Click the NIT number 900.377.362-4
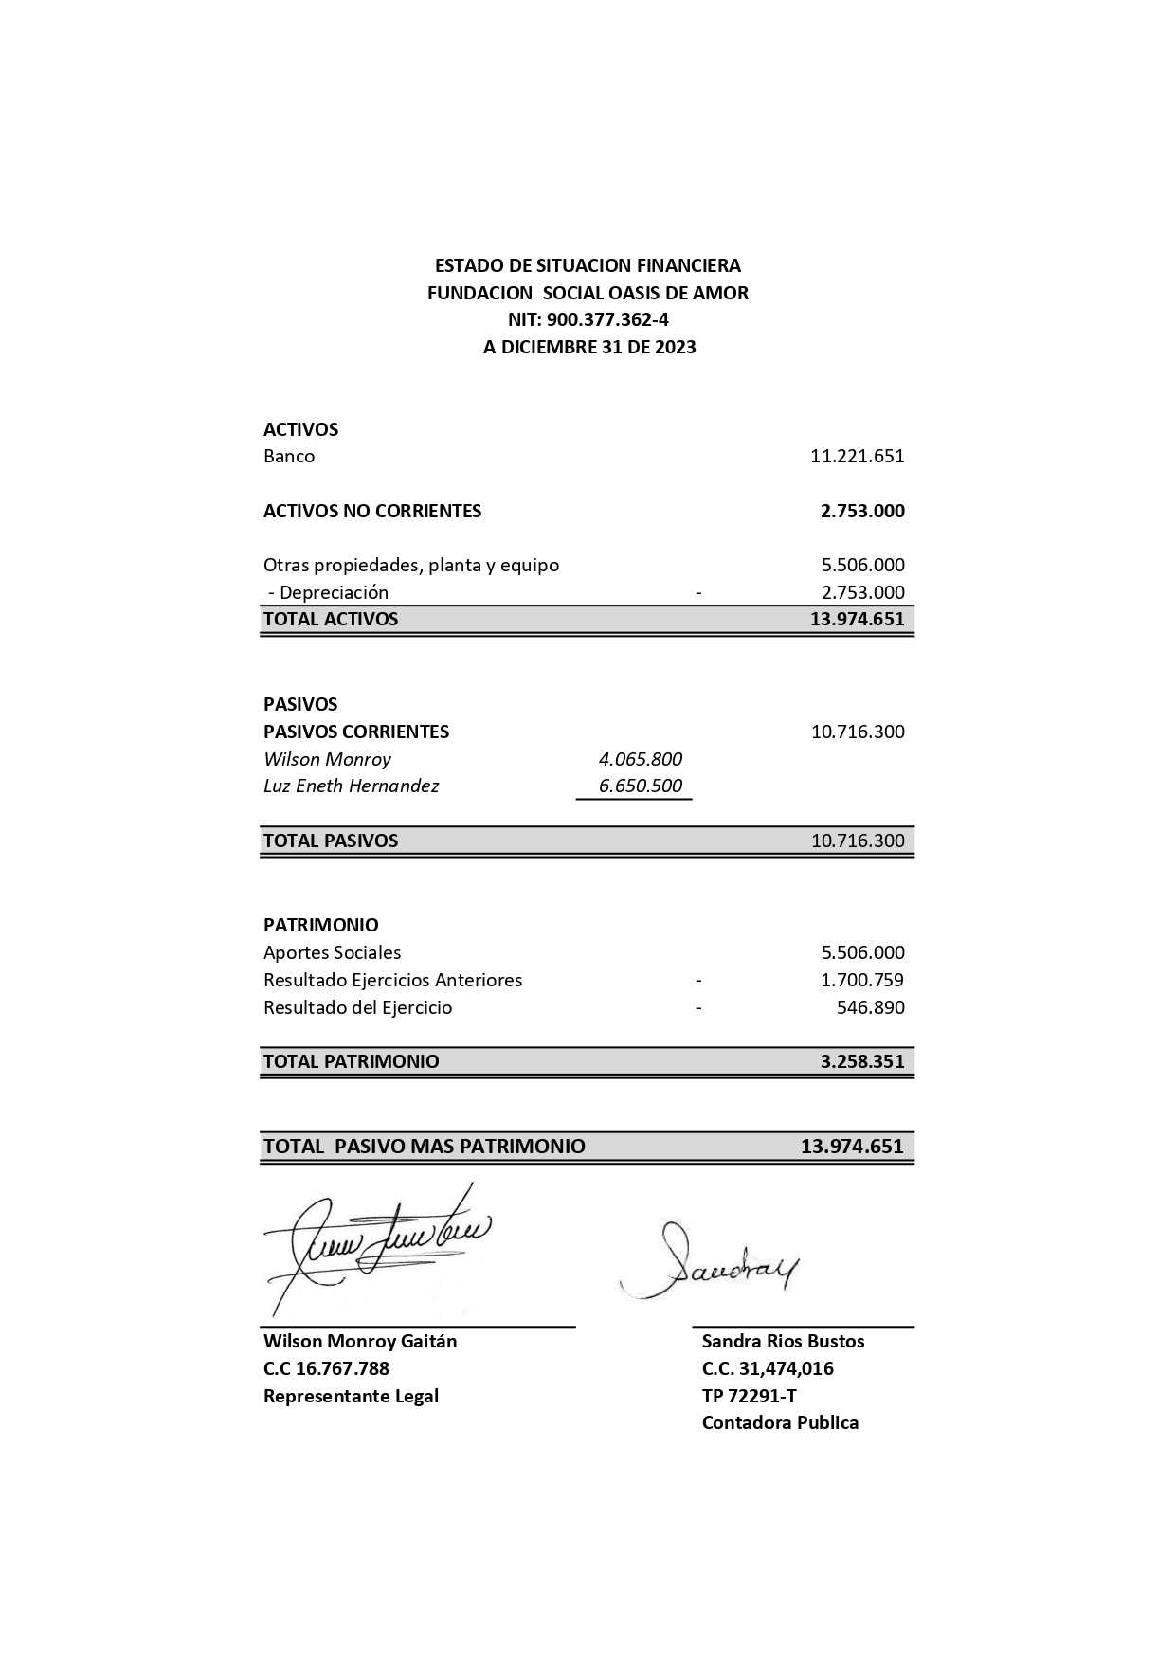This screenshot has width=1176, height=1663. tap(588, 320)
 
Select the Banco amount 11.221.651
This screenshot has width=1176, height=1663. tap(857, 456)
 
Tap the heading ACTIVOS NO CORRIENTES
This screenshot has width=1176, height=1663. tap(372, 511)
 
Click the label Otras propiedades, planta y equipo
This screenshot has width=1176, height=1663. tap(411, 565)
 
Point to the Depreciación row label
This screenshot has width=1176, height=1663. tap(328, 592)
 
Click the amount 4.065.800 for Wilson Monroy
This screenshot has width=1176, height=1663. tap(640, 759)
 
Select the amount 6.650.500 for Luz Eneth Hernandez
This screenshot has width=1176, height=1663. tap(640, 786)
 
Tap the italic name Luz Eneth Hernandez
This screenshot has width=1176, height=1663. tap(351, 786)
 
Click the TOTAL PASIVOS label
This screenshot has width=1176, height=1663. tap(331, 841)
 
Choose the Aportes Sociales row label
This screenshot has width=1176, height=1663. tap(332, 952)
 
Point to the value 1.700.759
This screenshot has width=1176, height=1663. tap(861, 980)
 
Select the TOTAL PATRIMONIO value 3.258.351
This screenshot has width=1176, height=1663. tap(861, 1061)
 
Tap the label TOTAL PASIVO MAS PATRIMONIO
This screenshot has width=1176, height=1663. tap(425, 1147)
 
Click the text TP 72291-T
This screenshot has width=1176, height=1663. tap(749, 1396)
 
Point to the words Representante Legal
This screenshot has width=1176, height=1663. tap(351, 1396)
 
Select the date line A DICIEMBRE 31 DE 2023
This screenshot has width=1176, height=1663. tap(588, 347)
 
